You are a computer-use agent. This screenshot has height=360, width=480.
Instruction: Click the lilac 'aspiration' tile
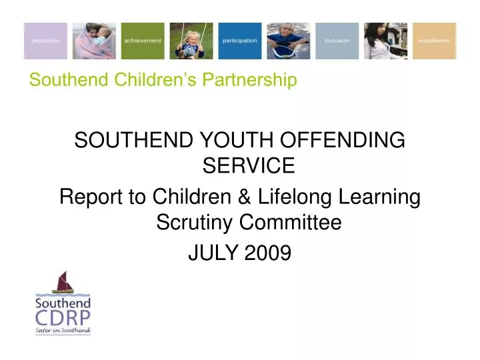45,41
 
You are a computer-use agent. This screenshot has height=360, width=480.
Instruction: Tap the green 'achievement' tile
143,41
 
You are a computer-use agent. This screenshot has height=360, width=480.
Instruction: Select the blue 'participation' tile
239,41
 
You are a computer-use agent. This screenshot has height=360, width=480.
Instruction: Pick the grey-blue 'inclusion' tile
337,41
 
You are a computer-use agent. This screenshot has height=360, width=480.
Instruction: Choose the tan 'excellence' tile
434,41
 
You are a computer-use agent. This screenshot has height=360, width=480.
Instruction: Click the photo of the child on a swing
191,41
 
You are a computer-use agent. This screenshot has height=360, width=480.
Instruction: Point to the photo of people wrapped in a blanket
94,41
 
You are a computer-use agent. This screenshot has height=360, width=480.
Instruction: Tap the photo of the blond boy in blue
288,41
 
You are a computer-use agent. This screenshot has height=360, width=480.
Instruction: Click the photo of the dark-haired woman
385,41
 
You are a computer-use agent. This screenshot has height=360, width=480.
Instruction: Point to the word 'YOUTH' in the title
230,141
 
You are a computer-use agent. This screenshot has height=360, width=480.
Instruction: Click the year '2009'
268,253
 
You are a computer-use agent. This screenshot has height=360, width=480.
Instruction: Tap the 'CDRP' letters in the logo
63,317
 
